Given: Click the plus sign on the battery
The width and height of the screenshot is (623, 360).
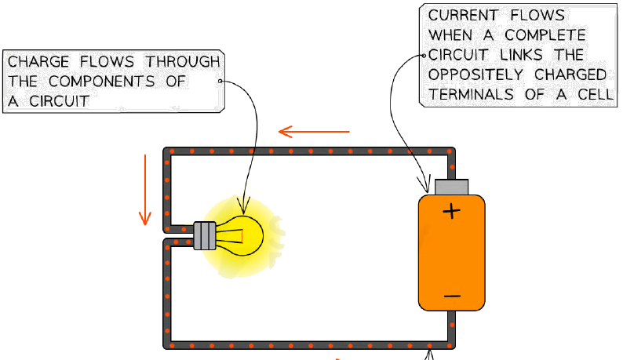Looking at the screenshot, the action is coord(451,211).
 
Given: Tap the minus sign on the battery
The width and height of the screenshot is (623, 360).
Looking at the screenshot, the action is coord(452,296).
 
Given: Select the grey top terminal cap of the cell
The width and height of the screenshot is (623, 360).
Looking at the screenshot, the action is coord(452,187).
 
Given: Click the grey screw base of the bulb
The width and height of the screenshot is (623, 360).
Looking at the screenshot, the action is coord(205,235).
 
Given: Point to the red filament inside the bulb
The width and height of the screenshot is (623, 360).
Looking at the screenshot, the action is coord(242,236).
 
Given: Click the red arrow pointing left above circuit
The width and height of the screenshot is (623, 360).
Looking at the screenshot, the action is coord(314,132).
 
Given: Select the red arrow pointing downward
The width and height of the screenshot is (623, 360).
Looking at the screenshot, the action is coord(145,190).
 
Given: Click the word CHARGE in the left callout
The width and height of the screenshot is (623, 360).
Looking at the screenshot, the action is coord(38,62).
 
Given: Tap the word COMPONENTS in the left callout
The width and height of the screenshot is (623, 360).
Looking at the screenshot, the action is coord(101,82).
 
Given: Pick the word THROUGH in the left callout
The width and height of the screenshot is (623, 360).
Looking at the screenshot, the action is coord(182,62).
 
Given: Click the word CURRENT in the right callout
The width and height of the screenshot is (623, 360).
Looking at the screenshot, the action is coord(462,16).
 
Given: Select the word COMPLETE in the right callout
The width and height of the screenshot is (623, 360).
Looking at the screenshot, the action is coord(545,35).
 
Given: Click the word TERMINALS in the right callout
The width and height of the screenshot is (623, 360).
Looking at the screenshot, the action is coord(471,95).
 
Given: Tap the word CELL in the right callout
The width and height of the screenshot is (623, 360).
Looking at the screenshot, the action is coord(596,95).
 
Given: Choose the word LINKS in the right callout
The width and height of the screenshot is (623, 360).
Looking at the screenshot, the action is coord(521,55).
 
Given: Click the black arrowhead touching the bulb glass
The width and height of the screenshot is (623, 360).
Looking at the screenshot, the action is coord(243,205).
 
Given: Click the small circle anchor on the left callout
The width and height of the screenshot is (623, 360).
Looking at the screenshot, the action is coord(220,81).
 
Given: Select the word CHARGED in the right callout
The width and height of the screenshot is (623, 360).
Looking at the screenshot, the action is coord(570,75).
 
